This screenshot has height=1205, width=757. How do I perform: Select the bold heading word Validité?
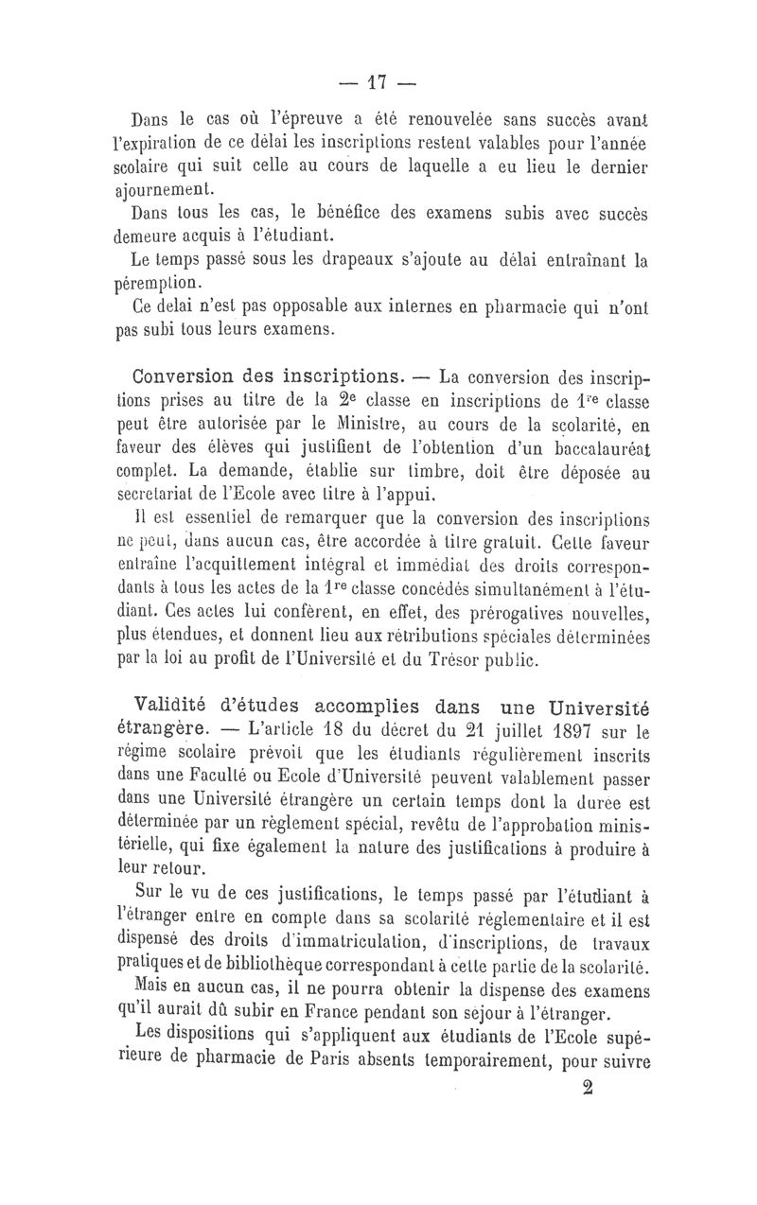coord(178,706)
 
